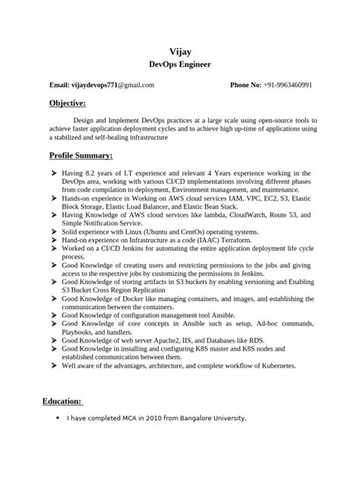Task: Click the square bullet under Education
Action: click(x=58, y=418)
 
